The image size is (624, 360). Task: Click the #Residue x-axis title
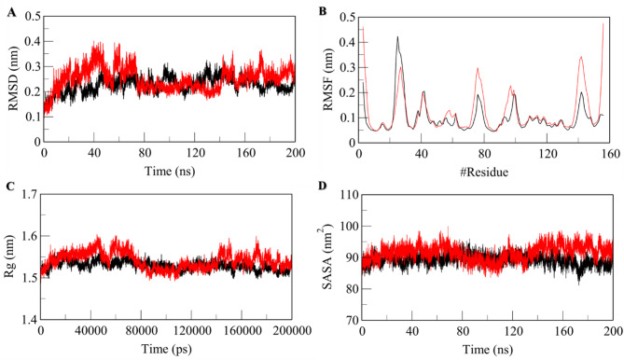(484, 173)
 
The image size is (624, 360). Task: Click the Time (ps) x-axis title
(166, 353)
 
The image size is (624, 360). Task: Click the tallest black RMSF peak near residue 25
(397, 37)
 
